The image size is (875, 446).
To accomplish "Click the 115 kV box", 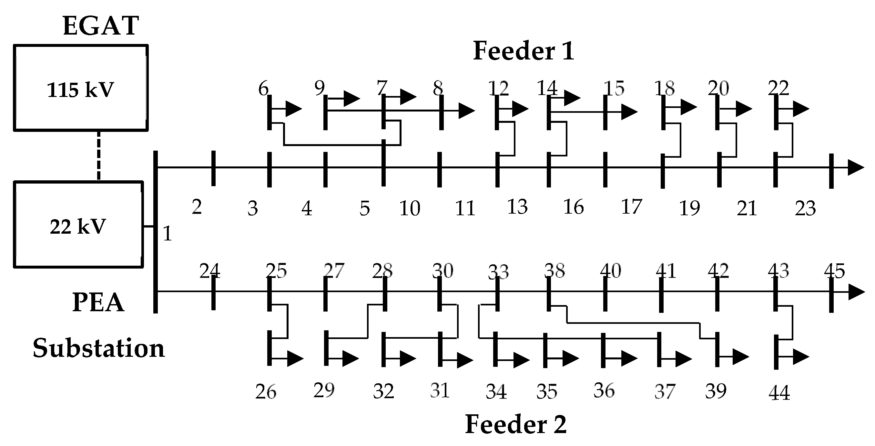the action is (x=80, y=88).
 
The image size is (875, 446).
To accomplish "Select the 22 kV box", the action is (x=78, y=225).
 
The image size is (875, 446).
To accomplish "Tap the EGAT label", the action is (x=101, y=26).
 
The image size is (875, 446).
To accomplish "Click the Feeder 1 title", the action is (x=524, y=51).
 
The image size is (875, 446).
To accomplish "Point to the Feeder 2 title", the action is (x=516, y=424).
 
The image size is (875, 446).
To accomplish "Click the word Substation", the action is (x=98, y=348).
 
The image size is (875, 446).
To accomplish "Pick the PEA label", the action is (x=98, y=303).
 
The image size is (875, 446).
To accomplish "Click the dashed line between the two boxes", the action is (x=98, y=156).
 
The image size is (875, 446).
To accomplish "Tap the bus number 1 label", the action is (x=167, y=234).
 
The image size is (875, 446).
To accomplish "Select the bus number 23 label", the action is (x=805, y=208).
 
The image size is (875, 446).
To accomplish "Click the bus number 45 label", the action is (x=835, y=271).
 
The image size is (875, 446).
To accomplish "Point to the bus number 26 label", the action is (x=266, y=392).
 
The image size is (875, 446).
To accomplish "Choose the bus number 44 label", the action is (x=779, y=393).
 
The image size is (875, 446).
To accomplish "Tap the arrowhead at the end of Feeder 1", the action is (x=856, y=167).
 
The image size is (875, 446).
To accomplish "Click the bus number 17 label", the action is (x=631, y=207).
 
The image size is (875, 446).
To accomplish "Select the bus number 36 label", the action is (x=604, y=390).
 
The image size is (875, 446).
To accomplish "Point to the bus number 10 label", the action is (x=410, y=208).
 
